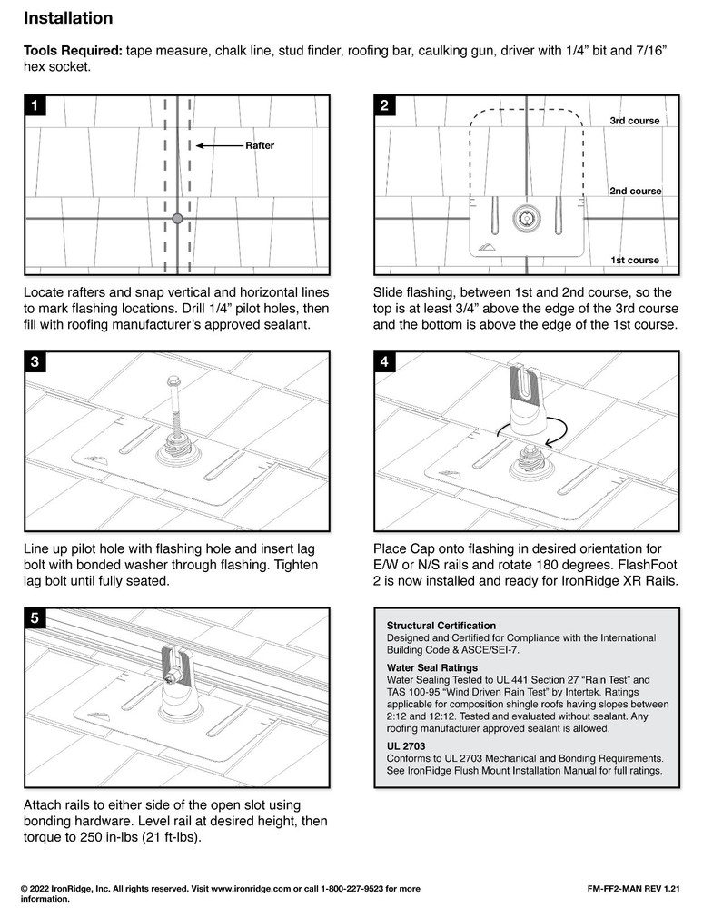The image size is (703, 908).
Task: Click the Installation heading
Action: pos(67,18)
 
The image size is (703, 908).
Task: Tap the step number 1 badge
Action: pos(34,106)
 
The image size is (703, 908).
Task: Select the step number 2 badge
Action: pos(385,106)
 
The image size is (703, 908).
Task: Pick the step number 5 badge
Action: pos(34,618)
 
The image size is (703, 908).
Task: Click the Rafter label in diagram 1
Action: pos(259,145)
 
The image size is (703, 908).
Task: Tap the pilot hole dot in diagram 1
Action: pos(177,219)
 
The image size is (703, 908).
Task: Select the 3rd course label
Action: pos(634,121)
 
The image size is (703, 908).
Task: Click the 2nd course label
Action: pos(634,192)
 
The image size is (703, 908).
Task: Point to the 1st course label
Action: pos(634,261)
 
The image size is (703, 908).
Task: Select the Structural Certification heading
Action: pos(441,626)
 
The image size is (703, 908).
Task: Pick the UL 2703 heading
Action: pos(406,745)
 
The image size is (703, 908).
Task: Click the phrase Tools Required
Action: pos(73,53)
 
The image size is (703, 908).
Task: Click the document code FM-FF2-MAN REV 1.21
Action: pos(634,886)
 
